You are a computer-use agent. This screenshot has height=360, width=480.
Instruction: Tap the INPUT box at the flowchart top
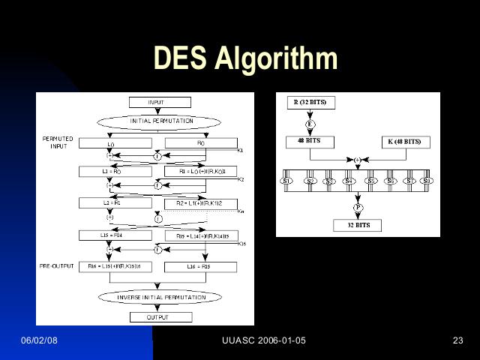[156, 102]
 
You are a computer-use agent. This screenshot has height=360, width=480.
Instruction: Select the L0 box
[110, 142]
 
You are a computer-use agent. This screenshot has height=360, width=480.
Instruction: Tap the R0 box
[200, 142]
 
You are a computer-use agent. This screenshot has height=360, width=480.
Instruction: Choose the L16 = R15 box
[200, 266]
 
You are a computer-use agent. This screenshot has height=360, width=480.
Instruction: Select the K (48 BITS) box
[404, 141]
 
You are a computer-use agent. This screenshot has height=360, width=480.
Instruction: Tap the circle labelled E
[310, 122]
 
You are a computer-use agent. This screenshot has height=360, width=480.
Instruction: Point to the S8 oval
[426, 181]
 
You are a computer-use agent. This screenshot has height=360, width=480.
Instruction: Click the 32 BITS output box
[357, 225]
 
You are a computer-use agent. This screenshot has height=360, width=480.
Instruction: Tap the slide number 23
[458, 341]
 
